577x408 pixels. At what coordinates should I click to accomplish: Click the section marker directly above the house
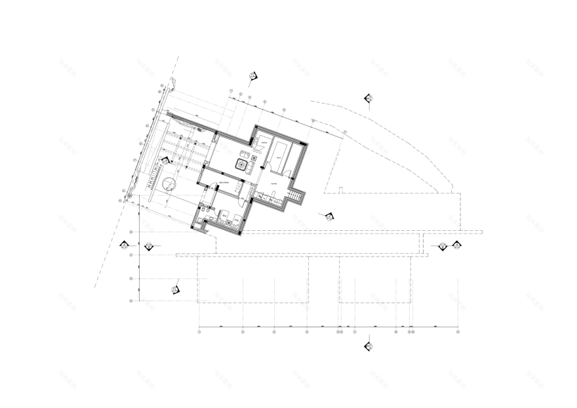coord(252,77)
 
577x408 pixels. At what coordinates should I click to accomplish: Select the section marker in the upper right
coord(369,98)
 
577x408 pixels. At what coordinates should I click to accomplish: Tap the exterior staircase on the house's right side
coord(299,195)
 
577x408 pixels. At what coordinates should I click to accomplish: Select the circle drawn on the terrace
coord(167,184)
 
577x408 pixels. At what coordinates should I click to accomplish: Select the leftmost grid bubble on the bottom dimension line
coord(199,332)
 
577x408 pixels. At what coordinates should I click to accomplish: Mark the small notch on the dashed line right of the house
coord(342,190)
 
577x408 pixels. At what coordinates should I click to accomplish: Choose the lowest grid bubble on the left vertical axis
coord(132,300)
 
